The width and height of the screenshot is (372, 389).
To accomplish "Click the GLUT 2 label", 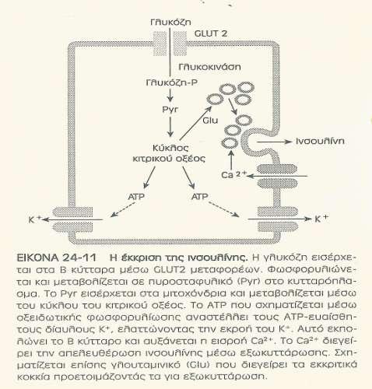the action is click(211, 33).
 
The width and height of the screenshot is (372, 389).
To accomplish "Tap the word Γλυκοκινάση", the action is click(209, 67).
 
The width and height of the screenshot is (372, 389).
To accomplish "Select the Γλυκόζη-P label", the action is click(171, 82).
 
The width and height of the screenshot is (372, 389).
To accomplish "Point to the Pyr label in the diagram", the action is click(170, 109).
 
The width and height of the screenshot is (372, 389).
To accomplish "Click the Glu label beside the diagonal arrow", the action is click(210, 121).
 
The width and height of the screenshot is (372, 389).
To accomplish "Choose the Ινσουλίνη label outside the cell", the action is click(320, 141).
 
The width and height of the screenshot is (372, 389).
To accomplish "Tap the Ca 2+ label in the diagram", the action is click(233, 174).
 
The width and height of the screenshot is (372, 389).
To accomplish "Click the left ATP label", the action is click(136, 197).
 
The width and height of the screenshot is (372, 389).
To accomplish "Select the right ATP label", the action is click(199, 197).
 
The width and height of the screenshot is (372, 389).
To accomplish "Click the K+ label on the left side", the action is click(35, 219).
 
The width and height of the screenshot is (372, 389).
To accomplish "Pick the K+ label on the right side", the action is click(321, 219).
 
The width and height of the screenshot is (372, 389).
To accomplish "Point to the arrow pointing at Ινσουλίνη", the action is click(274, 142).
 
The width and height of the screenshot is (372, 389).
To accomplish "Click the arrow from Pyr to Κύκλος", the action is click(170, 127).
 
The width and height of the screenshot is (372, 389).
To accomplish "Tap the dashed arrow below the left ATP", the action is click(122, 209).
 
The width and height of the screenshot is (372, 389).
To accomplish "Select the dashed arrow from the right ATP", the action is click(223, 209).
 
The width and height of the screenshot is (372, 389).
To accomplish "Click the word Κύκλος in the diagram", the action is click(170, 148).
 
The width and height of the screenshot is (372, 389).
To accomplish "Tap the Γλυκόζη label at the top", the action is click(170, 22).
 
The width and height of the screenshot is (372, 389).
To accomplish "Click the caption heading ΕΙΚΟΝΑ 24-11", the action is click(56, 258).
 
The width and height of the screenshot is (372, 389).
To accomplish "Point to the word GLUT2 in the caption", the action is click(170, 270).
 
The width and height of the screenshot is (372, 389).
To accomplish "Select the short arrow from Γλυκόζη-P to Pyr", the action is click(170, 95).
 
